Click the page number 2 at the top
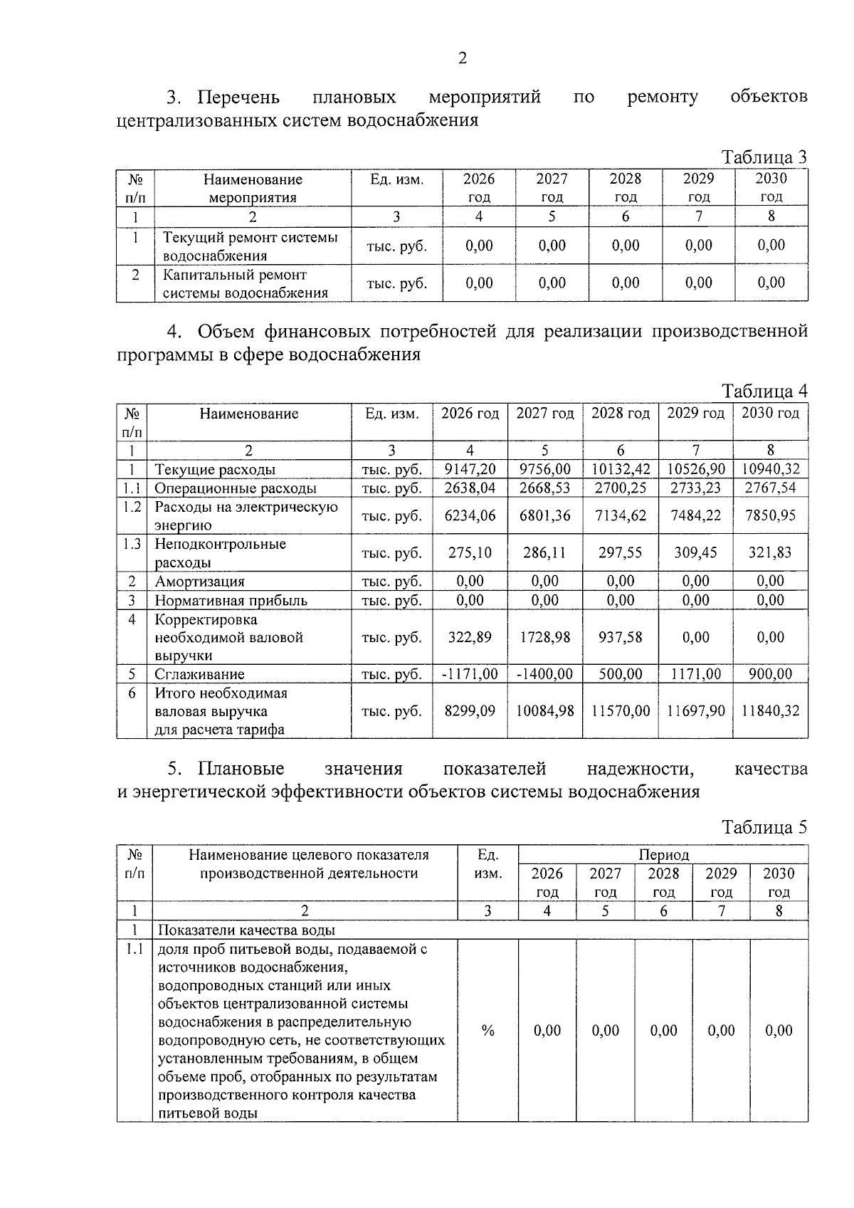pos(462,58)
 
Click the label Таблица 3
pos(764,157)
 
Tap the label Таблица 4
pos(764,391)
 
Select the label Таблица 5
pos(764,827)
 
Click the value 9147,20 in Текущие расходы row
pos(470,469)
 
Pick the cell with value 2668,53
pos(544,488)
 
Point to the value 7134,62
pos(621,515)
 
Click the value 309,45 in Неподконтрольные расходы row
pos(695,552)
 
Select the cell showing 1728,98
pos(544,637)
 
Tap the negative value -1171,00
pos(470,674)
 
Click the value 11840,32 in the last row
pos(771,710)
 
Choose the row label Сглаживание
pos(199,674)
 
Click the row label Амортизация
pos(199,582)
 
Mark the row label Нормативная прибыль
pos(231,600)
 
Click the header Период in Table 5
pos(663,854)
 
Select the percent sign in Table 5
pos(487,1030)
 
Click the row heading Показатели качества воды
pos(246,930)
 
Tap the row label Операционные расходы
pos(235,488)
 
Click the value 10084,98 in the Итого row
pos(544,710)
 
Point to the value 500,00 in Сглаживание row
pos(621,674)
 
